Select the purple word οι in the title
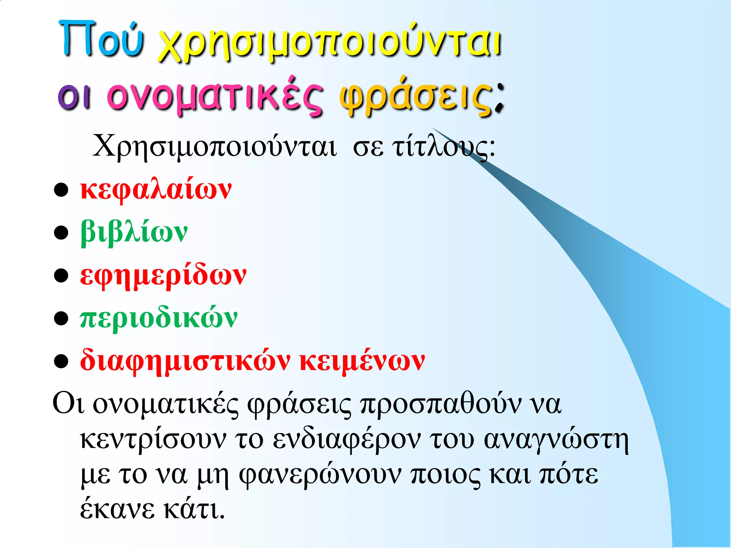pos(74,96)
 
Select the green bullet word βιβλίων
pos(134,233)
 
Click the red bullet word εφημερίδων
pos(163,275)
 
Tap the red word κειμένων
pos(362,361)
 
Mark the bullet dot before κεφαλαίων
pos(61,190)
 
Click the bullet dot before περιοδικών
pos(61,319)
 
